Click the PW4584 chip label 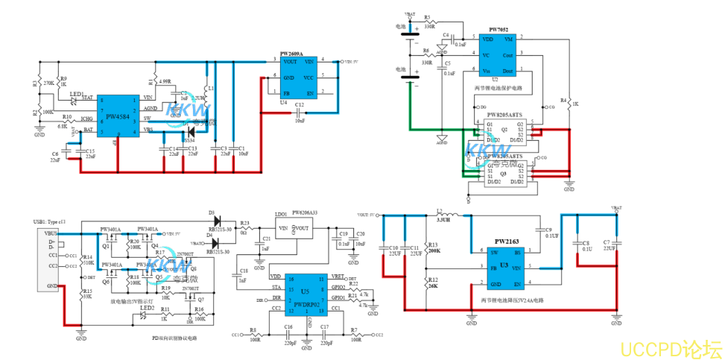[118, 117]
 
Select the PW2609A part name [291, 54]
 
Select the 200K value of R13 [434, 251]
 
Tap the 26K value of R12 [434, 286]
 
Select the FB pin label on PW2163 [493, 267]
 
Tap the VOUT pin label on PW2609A [290, 62]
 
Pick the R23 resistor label [244, 223]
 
